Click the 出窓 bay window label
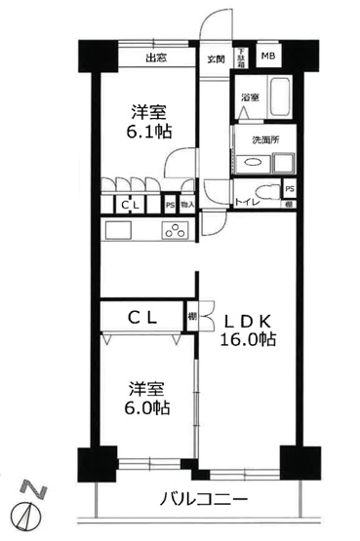click(156, 58)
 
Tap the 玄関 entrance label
click(215, 58)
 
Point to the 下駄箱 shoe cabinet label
click(239, 58)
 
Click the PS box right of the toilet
click(290, 189)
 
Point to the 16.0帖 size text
click(250, 340)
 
